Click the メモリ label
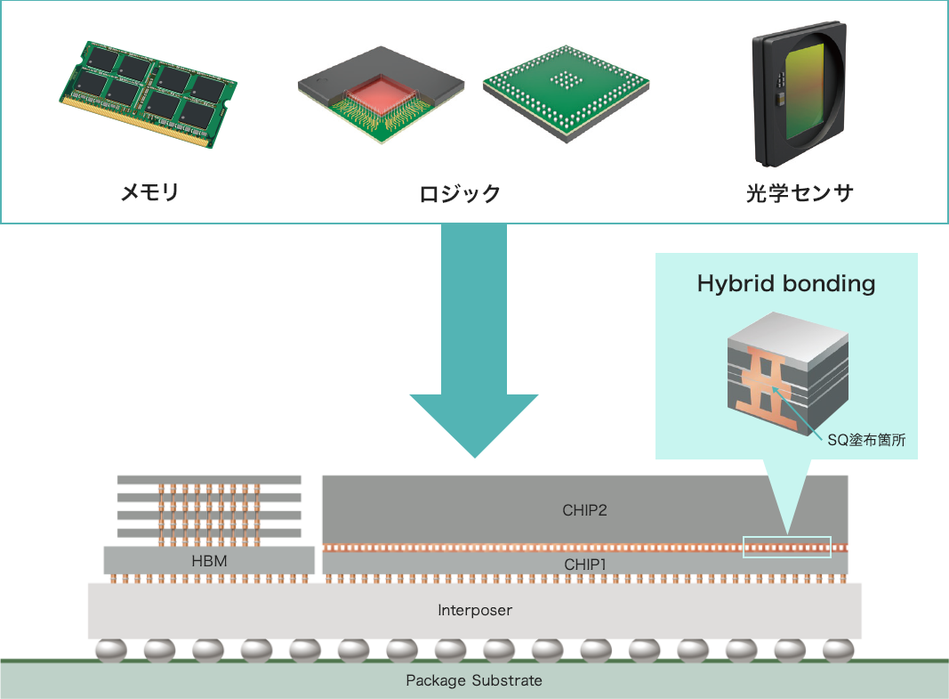(149, 191)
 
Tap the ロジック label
(460, 193)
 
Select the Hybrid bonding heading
(786, 284)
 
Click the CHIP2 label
(584, 510)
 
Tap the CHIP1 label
(584, 564)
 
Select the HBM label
(209, 561)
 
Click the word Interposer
(475, 611)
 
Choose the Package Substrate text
(474, 681)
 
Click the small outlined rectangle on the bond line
(786, 547)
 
